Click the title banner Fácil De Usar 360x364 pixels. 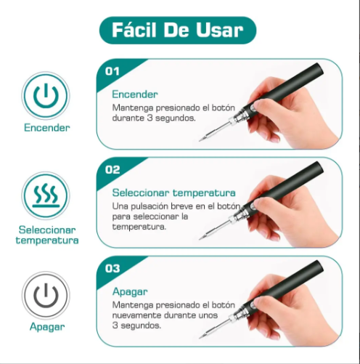(178, 31)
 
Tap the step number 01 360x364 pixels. (112, 71)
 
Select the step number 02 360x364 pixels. (112, 170)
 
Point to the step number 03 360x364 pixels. (112, 268)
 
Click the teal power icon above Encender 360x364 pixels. (46, 95)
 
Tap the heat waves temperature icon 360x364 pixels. (46, 195)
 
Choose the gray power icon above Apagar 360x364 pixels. (46, 295)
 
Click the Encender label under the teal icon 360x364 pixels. (47, 128)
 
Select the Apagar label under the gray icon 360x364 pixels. (47, 327)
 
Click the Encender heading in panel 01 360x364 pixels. (135, 94)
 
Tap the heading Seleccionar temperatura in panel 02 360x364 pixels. (173, 193)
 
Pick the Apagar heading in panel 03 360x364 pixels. (130, 291)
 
